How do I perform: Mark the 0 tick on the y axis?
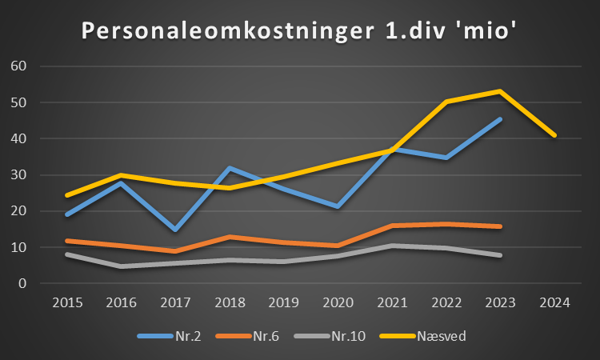(x=23, y=283)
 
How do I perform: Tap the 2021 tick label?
(x=392, y=303)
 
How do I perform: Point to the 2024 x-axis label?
(x=554, y=303)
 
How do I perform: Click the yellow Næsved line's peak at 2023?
(x=500, y=91)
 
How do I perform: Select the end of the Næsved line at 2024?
(x=554, y=135)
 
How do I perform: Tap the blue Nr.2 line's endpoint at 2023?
(x=500, y=119)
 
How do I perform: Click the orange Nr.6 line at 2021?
(x=392, y=226)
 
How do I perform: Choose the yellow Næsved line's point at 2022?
(x=446, y=102)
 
